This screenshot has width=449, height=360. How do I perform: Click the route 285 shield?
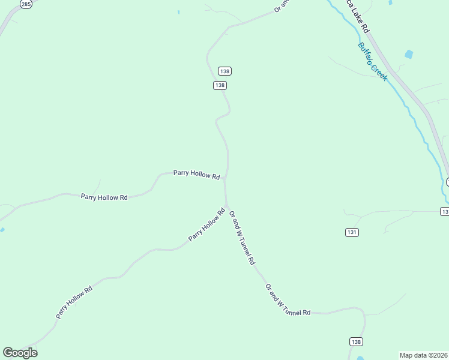(x=26, y=4)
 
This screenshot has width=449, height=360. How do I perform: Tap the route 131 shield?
(x=352, y=232)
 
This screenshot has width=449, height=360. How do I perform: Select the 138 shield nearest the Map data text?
(x=356, y=341)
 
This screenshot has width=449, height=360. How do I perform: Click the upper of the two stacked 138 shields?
(x=224, y=71)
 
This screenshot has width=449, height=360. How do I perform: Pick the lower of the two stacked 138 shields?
(x=220, y=85)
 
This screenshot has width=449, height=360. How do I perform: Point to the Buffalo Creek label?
(x=373, y=62)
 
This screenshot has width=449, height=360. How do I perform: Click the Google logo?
(x=20, y=353)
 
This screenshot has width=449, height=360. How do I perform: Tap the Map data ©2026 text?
(x=424, y=355)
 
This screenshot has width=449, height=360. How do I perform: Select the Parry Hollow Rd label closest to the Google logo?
(x=74, y=302)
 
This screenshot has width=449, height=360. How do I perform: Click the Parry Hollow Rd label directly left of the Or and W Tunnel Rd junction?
(x=197, y=174)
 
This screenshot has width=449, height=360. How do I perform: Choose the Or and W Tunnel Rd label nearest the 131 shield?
(x=243, y=237)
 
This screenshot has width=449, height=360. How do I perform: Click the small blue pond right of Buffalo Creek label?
(x=409, y=55)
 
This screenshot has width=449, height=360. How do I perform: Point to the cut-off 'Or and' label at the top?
(x=281, y=5)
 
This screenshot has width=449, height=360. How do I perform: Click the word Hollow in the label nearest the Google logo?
(x=75, y=301)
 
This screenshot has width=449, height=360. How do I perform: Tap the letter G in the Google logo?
(x=8, y=352)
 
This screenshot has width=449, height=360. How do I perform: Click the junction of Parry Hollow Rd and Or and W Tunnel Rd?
(x=226, y=178)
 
